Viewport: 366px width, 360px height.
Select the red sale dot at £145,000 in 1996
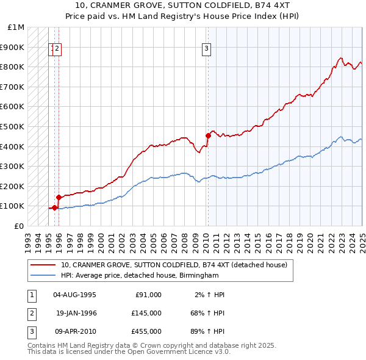pos(59,197)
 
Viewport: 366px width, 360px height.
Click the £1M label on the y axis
pos(16,27)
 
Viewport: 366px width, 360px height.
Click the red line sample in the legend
pos(43,265)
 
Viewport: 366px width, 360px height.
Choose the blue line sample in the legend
pos(43,275)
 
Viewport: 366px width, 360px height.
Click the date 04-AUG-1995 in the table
pos(74,295)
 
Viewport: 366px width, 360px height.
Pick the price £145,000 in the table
pos(146,313)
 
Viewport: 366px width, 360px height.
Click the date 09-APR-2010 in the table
pos(74,331)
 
